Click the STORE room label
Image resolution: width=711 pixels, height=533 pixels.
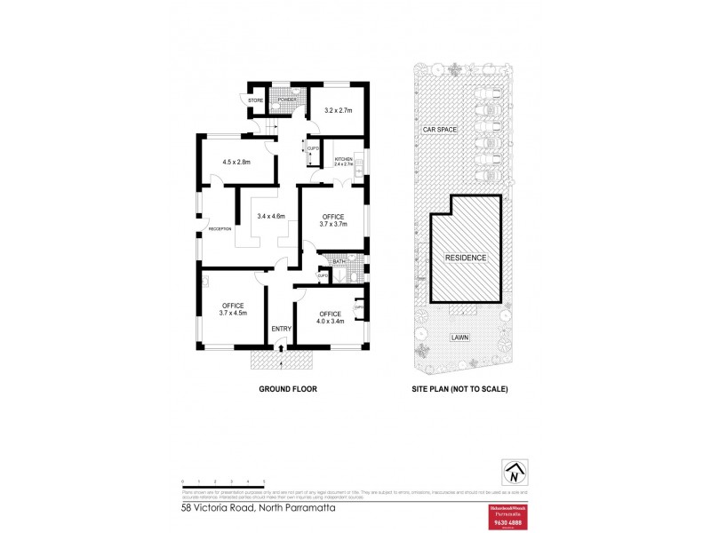tap(256, 100)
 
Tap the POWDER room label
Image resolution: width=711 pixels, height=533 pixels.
tap(286, 99)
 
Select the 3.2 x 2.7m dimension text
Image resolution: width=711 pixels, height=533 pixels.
tap(336, 110)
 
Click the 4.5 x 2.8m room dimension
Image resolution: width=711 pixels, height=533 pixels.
tap(236, 163)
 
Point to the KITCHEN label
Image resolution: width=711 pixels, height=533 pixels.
tap(343, 159)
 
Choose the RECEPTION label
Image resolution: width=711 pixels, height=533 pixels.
tap(220, 228)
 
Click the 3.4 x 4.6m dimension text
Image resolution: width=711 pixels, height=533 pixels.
tap(270, 216)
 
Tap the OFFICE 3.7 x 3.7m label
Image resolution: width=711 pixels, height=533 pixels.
tap(333, 219)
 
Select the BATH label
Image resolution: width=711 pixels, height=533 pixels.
tap(339, 261)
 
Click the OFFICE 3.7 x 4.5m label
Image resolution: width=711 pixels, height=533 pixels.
tap(232, 309)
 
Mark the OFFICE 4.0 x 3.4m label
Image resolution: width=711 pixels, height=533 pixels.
tap(330, 317)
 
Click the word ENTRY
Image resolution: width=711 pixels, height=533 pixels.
tap(282, 330)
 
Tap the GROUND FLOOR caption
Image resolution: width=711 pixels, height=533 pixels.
tap(287, 389)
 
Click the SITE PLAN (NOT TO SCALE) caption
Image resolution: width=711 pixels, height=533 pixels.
tap(459, 389)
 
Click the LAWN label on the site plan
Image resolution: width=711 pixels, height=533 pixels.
tap(459, 338)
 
